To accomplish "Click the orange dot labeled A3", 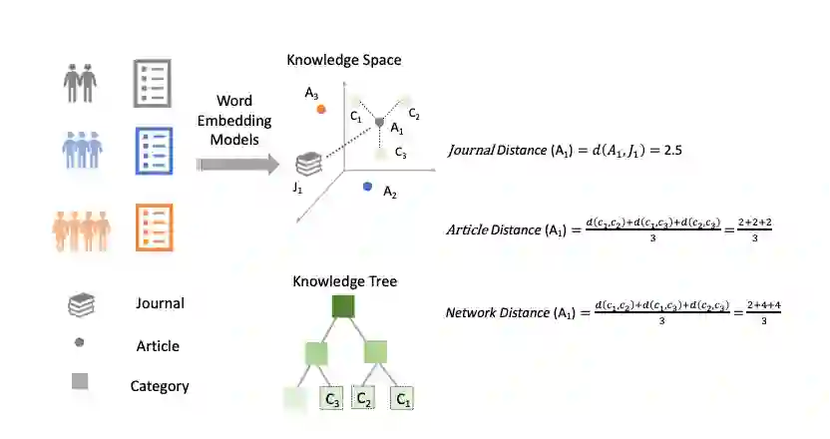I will click(x=321, y=109).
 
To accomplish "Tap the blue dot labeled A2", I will click(x=368, y=187).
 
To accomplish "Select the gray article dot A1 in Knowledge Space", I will click(x=379, y=122).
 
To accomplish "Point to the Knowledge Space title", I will click(x=343, y=60).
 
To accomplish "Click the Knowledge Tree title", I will click(x=344, y=281).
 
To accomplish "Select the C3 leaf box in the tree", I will click(x=331, y=400).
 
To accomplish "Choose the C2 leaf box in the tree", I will click(x=364, y=400).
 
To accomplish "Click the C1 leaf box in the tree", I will click(x=402, y=400).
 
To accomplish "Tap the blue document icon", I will click(x=150, y=153).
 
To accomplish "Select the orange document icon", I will click(x=150, y=228).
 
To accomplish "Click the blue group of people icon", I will click(x=80, y=153).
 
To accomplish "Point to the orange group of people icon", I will click(x=80, y=228).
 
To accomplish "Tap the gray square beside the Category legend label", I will click(x=80, y=380).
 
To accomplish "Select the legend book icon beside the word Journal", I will click(x=81, y=304).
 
